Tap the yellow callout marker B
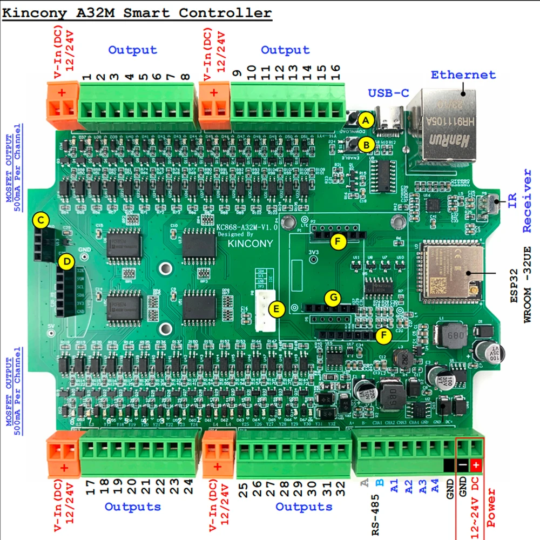click(366, 144)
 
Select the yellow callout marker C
click(40, 220)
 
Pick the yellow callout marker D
click(66, 262)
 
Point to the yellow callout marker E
click(276, 309)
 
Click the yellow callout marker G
click(333, 297)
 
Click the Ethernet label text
click(463, 75)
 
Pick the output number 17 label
click(91, 488)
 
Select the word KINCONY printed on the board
click(250, 243)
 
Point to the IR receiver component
click(494, 204)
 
